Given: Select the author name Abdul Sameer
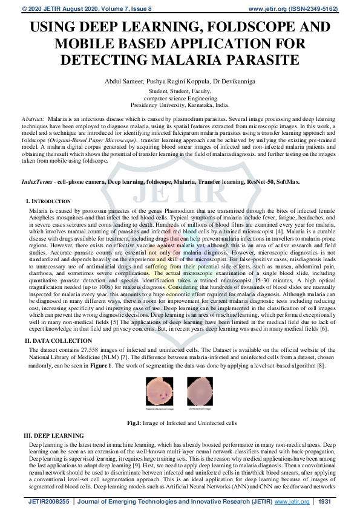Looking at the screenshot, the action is pos(128,82).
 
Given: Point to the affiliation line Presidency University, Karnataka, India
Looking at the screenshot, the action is pos(180,104).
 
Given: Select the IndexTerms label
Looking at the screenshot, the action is pos(36,181).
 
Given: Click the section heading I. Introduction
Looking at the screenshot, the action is pos(48,201).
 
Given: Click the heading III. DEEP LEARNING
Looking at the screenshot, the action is pos(53,435).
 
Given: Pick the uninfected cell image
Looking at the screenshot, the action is pos(199,388).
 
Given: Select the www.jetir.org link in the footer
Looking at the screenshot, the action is pos(292,501).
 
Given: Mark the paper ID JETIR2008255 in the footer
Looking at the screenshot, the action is pos(48,501).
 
